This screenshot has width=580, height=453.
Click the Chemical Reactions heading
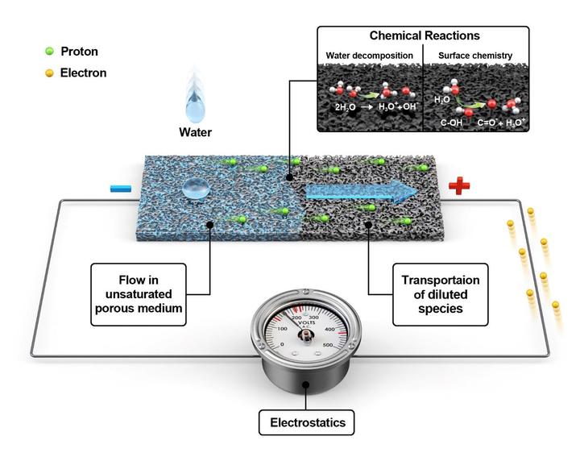(x=424, y=36)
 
